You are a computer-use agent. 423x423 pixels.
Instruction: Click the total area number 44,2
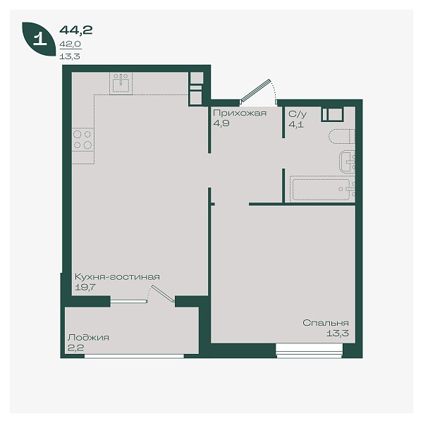point(76,30)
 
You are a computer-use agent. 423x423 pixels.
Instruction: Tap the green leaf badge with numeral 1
point(39,39)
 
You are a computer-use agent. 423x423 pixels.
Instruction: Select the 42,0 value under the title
point(70,44)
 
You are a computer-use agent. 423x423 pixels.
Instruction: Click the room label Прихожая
point(240,113)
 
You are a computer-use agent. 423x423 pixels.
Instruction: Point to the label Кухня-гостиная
point(117,277)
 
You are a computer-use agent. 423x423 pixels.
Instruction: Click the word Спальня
point(325,323)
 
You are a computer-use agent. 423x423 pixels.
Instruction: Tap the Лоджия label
point(88,338)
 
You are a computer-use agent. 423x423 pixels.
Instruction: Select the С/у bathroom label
point(298,114)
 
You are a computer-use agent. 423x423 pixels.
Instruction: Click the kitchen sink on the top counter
point(121,84)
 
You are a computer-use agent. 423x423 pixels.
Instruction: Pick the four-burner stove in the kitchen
point(83,140)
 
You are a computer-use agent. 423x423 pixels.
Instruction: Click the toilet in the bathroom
point(341,137)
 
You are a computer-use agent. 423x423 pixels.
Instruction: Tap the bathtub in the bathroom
point(322,189)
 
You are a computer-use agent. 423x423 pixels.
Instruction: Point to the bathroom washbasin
point(348,161)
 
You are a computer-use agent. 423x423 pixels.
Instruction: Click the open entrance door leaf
point(255,91)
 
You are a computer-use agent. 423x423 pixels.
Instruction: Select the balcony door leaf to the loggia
point(163,293)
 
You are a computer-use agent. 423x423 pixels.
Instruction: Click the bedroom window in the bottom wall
point(309,350)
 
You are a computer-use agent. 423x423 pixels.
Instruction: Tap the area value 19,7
point(85,288)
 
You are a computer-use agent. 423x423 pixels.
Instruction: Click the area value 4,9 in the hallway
point(221,123)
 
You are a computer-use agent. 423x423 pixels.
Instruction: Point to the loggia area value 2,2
point(76,348)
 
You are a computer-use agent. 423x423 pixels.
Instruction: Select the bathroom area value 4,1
point(296,125)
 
